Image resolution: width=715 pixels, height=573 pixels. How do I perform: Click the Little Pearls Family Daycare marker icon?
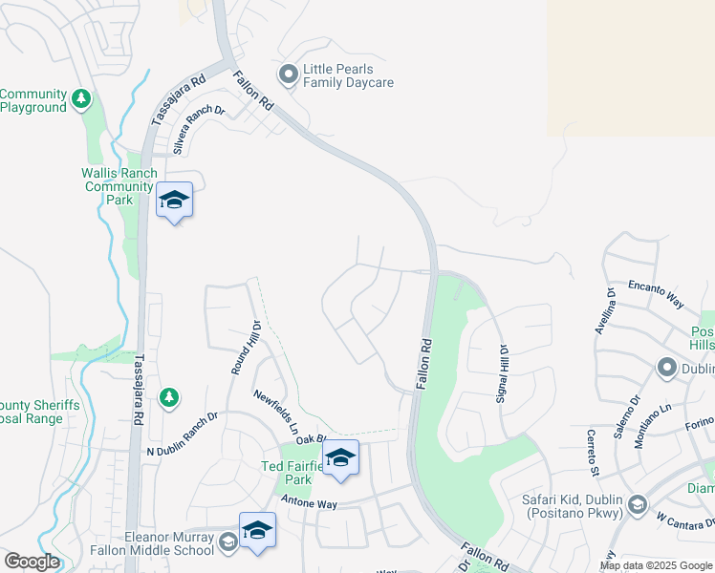pyautogui.click(x=288, y=74)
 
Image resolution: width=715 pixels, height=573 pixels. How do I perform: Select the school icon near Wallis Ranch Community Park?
pyautogui.click(x=174, y=201)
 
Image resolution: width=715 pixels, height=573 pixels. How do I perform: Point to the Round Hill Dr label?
pyautogui.click(x=242, y=345)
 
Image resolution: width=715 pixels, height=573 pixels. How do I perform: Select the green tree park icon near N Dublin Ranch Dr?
pyautogui.click(x=168, y=397)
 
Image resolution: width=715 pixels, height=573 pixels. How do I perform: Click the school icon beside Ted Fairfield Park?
pyautogui.click(x=339, y=458)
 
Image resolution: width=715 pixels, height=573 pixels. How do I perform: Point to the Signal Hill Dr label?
pyautogui.click(x=500, y=373)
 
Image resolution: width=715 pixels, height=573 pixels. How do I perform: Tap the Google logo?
pyautogui.click(x=32, y=561)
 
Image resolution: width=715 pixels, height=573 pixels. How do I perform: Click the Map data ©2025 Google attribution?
pyautogui.click(x=656, y=565)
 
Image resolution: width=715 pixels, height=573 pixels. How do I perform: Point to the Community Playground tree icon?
pyautogui.click(x=82, y=97)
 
